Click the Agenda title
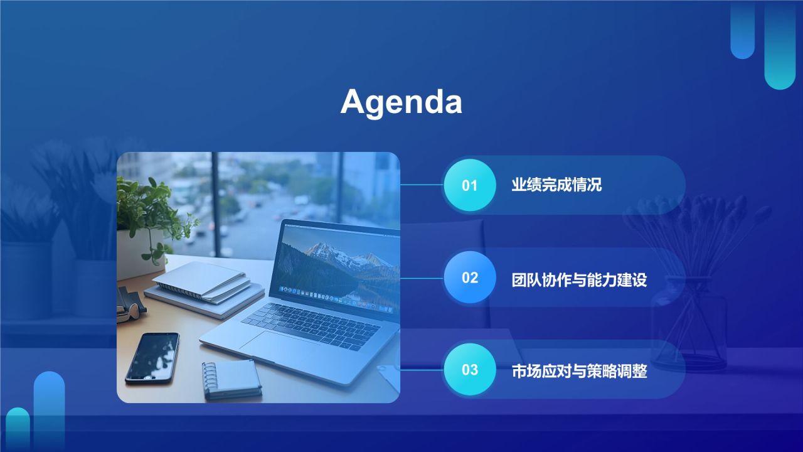tap(401, 101)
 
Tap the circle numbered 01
tap(470, 185)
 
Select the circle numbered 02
tap(470, 277)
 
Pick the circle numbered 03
tap(470, 370)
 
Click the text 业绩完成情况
tap(556, 185)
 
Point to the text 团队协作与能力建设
tap(579, 279)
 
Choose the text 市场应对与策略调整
tap(579, 372)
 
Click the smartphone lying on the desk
tap(152, 357)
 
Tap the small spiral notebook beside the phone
tap(231, 379)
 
